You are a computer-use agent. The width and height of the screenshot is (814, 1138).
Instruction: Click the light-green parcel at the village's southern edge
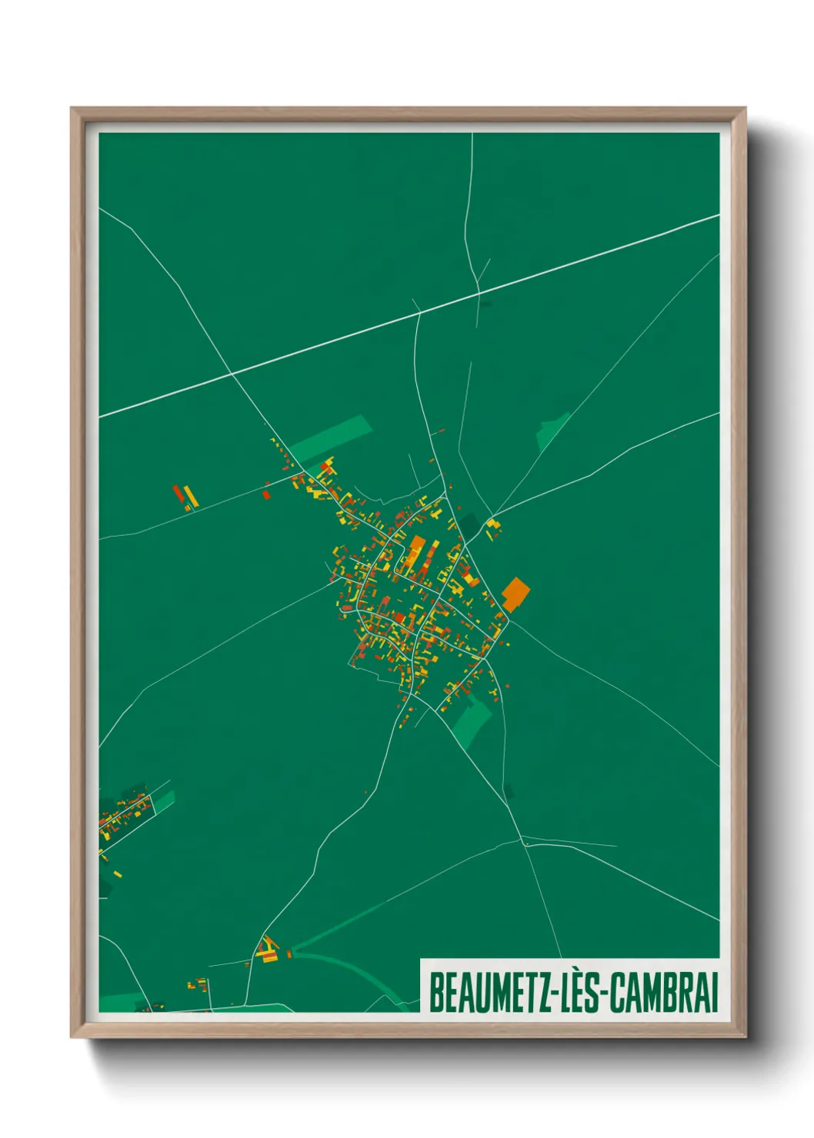(x=472, y=724)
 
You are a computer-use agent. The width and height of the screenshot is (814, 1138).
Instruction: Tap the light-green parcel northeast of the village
(x=552, y=432)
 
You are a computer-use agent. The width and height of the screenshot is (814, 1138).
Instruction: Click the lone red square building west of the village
(x=266, y=494)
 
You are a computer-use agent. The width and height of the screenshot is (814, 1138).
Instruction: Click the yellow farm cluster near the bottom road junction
(x=268, y=950)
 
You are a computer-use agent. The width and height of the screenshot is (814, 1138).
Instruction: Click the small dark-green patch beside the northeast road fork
(x=489, y=528)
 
